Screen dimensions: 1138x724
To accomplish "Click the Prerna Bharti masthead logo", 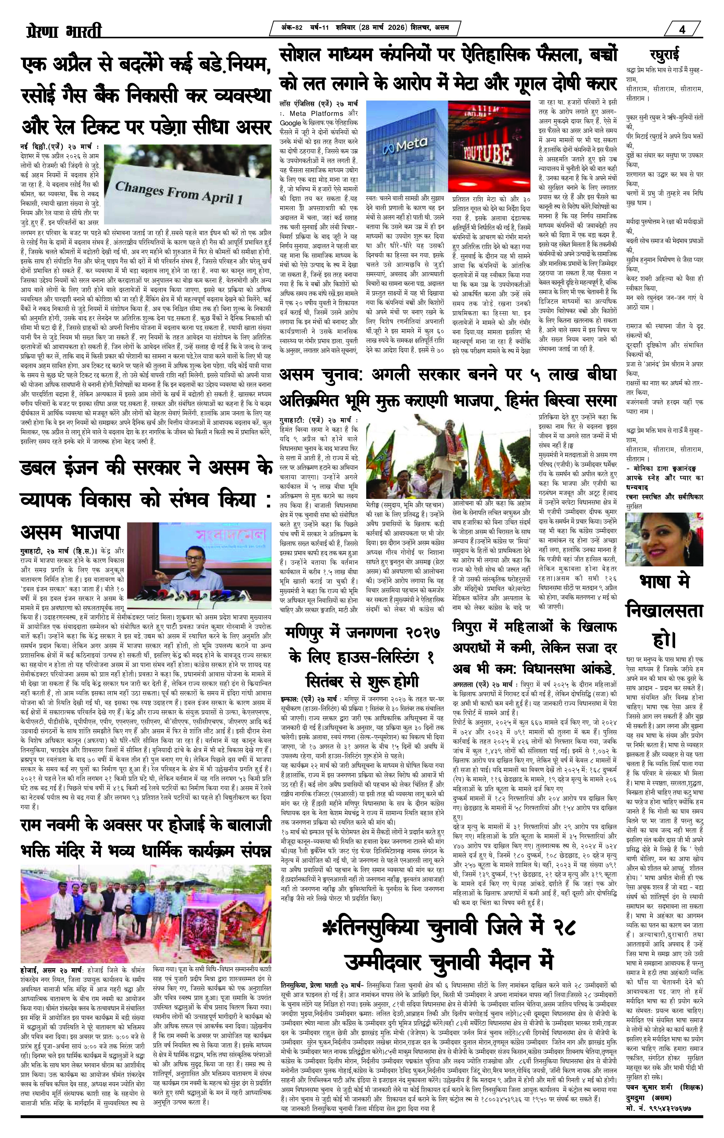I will point(64,32).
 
